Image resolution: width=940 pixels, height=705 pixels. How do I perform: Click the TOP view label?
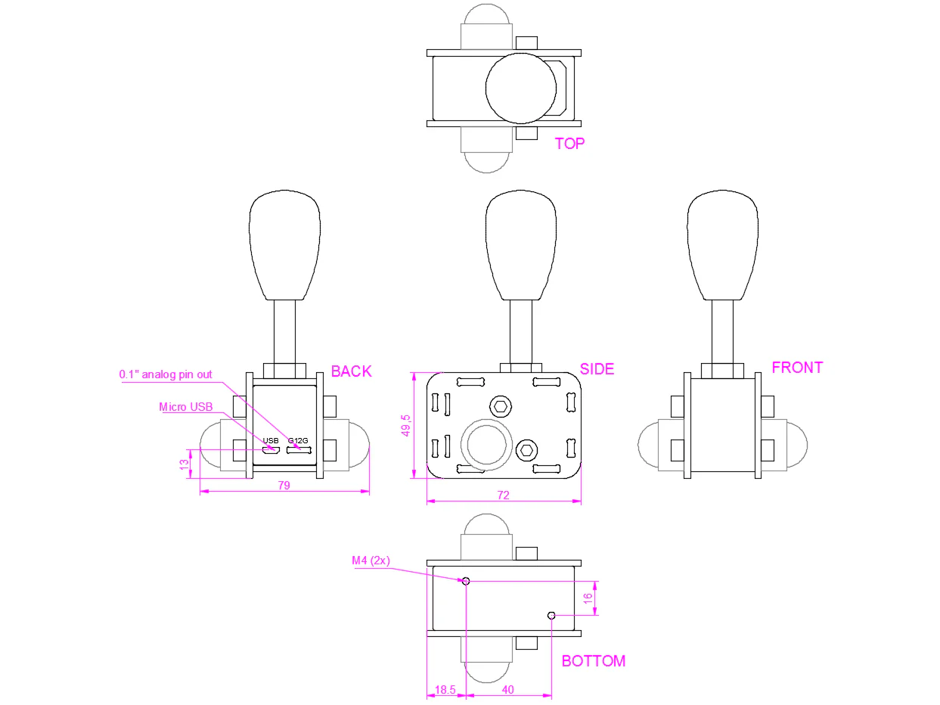pyautogui.click(x=569, y=144)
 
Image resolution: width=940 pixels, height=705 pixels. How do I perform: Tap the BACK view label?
pyautogui.click(x=351, y=371)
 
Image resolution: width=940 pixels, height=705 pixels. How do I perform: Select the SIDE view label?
pyautogui.click(x=597, y=369)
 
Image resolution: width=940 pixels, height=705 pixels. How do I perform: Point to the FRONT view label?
pyautogui.click(x=797, y=368)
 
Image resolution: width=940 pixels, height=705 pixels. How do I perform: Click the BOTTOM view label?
pyautogui.click(x=593, y=661)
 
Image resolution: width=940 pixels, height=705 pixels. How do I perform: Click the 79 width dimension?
pyautogui.click(x=284, y=486)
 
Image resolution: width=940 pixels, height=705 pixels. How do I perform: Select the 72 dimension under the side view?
pyautogui.click(x=503, y=495)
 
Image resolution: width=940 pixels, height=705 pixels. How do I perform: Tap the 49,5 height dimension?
pyautogui.click(x=405, y=425)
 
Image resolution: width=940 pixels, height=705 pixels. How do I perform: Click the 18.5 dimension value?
pyautogui.click(x=445, y=690)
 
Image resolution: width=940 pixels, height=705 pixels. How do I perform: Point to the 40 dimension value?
pyautogui.click(x=507, y=690)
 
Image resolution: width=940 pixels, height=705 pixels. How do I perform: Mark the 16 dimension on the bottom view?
pyautogui.click(x=588, y=598)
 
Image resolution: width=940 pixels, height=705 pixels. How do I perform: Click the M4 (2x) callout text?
pyautogui.click(x=371, y=561)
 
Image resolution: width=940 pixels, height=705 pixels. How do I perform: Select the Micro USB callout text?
pyautogui.click(x=185, y=407)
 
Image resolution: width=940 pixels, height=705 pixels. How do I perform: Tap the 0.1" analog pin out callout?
pyautogui.click(x=166, y=374)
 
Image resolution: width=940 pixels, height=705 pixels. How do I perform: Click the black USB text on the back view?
pyautogui.click(x=270, y=440)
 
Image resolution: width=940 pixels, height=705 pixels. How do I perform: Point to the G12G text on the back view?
pyautogui.click(x=298, y=440)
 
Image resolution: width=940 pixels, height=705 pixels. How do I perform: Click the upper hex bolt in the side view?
pyautogui.click(x=500, y=406)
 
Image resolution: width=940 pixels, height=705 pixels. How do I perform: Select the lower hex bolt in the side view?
pyautogui.click(x=527, y=450)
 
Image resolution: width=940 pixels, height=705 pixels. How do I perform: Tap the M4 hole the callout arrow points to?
pyautogui.click(x=466, y=581)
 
